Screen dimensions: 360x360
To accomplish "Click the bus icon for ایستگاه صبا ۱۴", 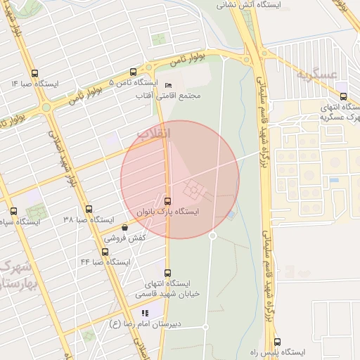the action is tap(35, 73).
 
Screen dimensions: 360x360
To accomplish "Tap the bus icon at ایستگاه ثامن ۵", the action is tap(134, 72).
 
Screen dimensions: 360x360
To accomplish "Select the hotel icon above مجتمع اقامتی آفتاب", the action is tap(167, 85).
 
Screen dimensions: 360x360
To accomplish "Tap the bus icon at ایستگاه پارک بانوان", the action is tap(167, 201).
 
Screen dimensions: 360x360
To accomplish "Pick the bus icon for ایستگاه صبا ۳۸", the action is tap(89, 209).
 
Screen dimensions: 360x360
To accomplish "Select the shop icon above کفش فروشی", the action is tap(124, 227).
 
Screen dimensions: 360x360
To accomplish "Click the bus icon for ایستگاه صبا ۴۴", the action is tap(107, 252).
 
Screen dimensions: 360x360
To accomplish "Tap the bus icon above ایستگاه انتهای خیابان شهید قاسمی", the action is tap(167, 273).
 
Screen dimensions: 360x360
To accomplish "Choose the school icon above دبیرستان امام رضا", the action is tap(145, 313).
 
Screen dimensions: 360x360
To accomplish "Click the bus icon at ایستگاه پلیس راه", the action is tap(278, 342).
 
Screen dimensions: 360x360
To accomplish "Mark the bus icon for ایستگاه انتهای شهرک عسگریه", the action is tap(342, 96).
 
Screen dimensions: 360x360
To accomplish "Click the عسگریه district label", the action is tap(318, 74).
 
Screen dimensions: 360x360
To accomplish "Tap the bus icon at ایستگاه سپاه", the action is tap(14, 211).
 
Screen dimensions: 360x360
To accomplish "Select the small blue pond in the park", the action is tap(231, 214).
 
